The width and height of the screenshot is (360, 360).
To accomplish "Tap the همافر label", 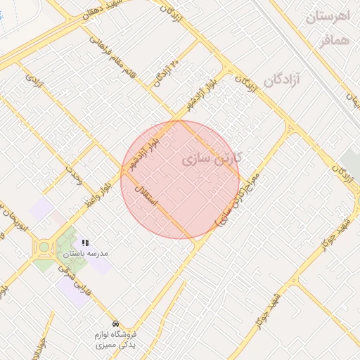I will click(x=333, y=41).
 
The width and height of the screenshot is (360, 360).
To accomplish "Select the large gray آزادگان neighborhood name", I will click(x=283, y=79).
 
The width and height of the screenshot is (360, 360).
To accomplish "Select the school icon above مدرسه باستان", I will click(x=86, y=243).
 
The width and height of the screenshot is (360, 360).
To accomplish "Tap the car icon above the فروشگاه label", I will click(x=115, y=325).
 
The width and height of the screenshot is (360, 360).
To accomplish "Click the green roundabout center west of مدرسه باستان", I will click(x=45, y=246).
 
